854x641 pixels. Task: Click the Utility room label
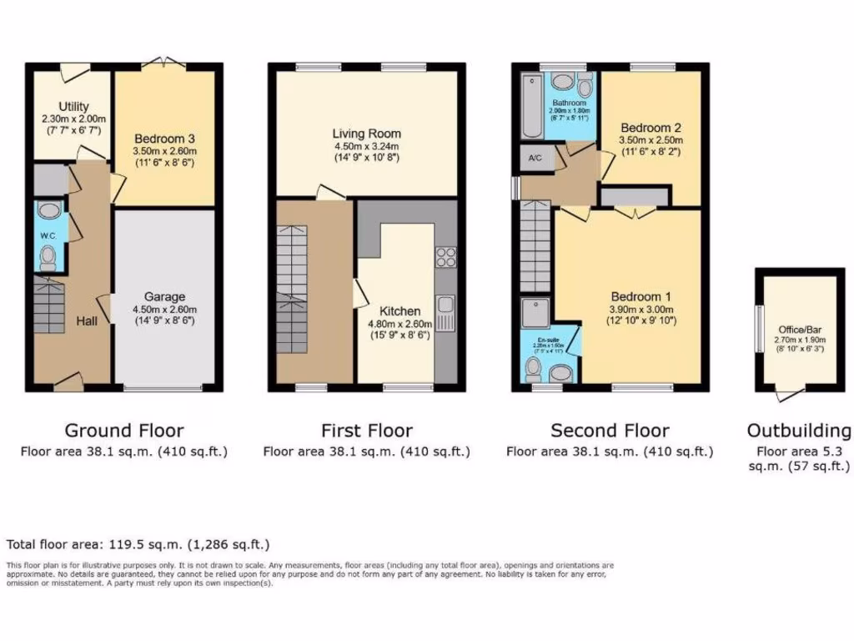coord(73,106)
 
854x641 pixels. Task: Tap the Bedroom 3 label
coord(163,139)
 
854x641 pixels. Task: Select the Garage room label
coord(164,296)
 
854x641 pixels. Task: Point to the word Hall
coord(87,321)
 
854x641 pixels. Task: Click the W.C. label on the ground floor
coord(48,236)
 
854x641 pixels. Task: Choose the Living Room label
coord(366,134)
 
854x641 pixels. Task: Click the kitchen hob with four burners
coord(445,257)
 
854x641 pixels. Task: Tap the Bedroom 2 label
coord(651,128)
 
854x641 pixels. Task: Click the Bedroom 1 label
coord(640,296)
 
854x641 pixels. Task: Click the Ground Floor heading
coord(124,431)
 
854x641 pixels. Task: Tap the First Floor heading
coord(366,431)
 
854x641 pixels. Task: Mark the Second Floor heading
coord(610,431)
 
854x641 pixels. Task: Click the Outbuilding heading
coord(798,431)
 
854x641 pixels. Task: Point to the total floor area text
coord(138,544)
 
